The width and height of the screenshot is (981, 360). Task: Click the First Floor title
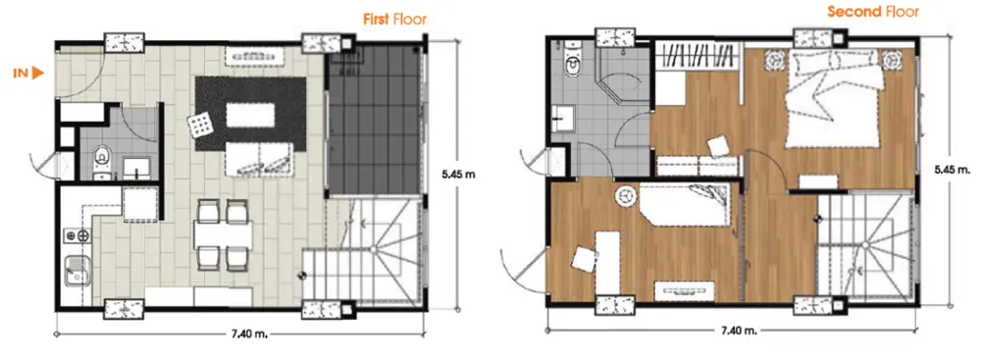pos(394,20)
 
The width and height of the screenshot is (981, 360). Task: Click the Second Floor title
pos(873,12)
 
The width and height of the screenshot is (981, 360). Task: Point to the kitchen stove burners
pos(77,236)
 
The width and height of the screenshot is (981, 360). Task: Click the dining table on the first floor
pos(223,235)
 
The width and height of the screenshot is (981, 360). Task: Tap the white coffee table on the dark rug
pos(250,115)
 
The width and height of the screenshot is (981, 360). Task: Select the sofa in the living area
pos(259,159)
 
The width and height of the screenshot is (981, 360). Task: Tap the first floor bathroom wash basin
pos(136,169)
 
